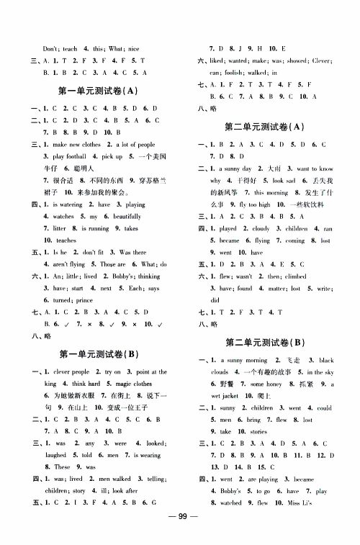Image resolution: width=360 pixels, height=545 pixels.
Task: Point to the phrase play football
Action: click(65, 156)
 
